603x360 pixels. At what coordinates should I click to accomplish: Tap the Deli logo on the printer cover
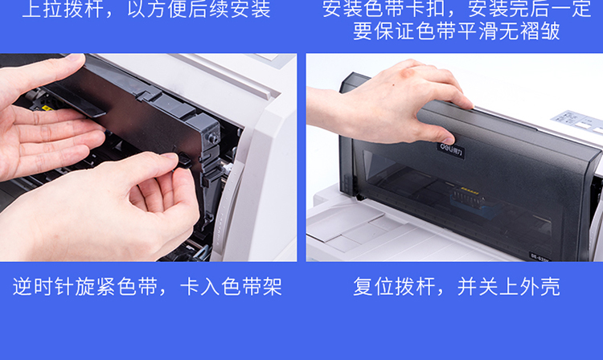coord(451,150)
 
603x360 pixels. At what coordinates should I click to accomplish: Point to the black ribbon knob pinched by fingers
coord(184,159)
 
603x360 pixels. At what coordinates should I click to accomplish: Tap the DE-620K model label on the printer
coord(540,257)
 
